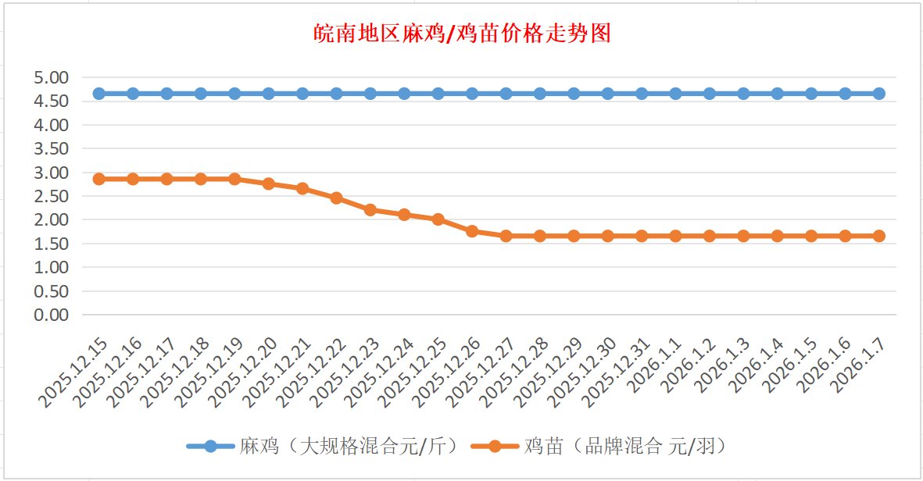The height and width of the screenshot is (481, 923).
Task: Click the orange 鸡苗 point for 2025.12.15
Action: tap(99, 179)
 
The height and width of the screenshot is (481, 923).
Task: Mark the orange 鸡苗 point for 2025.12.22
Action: tap(337, 198)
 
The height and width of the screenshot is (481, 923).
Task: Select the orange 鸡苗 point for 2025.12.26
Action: tap(472, 231)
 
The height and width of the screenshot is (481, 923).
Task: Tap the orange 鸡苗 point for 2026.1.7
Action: tap(879, 236)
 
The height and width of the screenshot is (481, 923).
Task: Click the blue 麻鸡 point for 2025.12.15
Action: tap(99, 94)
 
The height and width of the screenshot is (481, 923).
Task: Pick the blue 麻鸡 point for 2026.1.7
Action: tap(879, 94)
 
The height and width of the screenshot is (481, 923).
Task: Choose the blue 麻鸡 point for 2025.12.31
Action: tap(642, 94)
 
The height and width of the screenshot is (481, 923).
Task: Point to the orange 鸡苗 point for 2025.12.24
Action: tap(404, 215)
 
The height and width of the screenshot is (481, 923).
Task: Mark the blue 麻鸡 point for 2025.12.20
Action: tap(269, 94)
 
